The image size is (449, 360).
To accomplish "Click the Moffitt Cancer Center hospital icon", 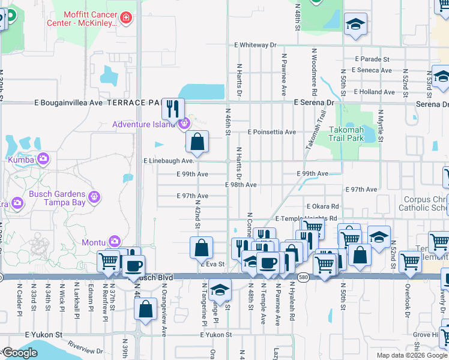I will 125,17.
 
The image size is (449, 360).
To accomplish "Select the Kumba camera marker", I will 43,159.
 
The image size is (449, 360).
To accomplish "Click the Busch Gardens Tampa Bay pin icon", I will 93,196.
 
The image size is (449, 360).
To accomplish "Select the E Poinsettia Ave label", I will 272,132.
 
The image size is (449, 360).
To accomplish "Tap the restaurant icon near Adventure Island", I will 172,109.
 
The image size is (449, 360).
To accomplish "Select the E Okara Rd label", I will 322,206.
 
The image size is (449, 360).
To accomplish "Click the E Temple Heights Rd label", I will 306,219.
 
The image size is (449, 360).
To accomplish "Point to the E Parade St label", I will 372,59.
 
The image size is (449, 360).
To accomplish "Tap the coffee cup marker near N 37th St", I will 133,266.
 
